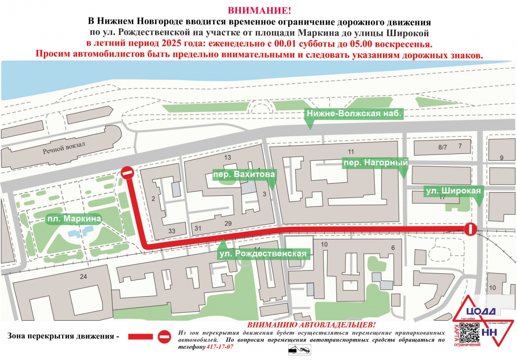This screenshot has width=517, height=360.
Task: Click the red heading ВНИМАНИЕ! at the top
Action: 259,10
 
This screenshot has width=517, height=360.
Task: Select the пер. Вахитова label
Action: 244,175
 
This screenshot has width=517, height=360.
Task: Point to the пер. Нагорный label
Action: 375,163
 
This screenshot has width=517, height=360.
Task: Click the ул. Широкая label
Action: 453,191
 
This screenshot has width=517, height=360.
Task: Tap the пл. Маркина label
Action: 74,219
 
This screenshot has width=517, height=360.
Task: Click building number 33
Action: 172,232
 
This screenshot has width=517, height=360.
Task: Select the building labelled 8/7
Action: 442,147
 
